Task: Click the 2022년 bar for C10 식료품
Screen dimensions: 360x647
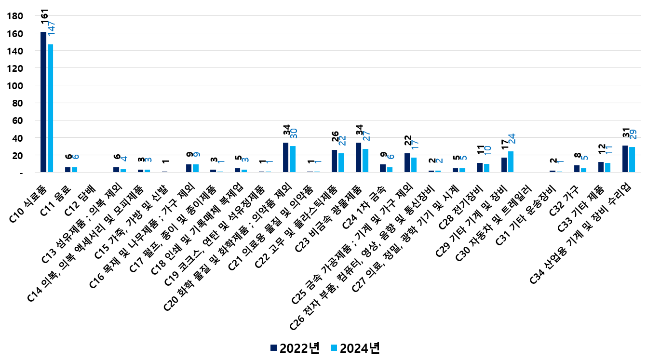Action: point(43,102)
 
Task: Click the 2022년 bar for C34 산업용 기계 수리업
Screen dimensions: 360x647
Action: point(625,159)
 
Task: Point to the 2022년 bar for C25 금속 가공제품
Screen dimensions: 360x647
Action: point(407,163)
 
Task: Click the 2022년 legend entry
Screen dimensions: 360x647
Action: point(295,348)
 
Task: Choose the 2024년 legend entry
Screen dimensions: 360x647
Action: point(355,348)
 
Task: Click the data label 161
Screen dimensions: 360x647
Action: point(44,16)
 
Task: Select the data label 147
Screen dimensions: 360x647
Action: point(52,28)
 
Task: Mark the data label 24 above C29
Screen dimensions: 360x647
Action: point(511,138)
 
